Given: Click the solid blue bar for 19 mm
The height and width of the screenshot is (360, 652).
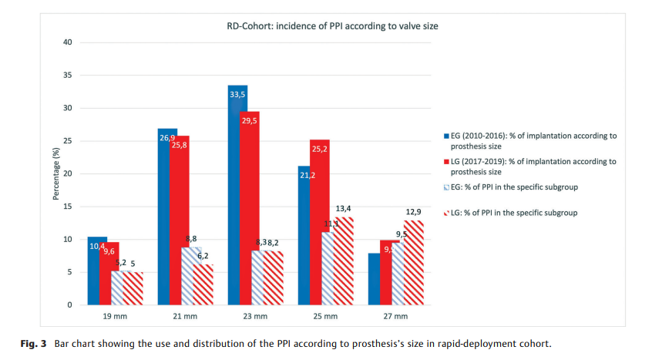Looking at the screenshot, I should (x=97, y=271).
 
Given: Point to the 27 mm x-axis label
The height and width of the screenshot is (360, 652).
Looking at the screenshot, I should (x=395, y=317).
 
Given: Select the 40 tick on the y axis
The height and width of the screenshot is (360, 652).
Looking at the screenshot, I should (x=68, y=42).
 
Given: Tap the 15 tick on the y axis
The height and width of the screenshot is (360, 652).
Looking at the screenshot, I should (x=68, y=207).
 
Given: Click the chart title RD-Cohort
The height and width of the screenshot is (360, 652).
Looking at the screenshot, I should (x=332, y=26).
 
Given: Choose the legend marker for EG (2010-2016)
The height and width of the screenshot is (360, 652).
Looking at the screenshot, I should (x=447, y=136).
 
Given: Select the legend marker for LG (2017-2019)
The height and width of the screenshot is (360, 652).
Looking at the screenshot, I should (x=447, y=162).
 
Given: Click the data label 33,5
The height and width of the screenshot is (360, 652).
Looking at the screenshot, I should (x=238, y=94).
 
